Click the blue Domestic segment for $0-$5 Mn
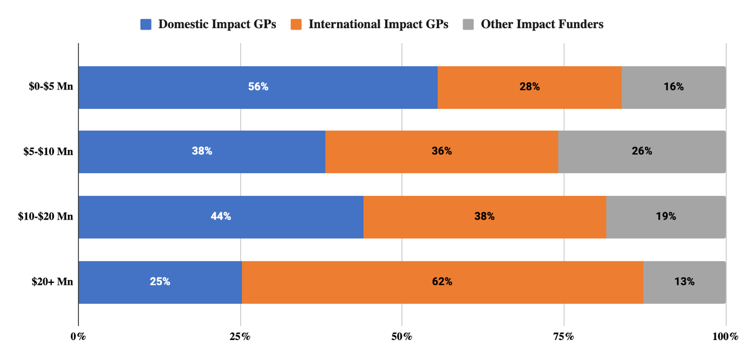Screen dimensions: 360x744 (216, 87)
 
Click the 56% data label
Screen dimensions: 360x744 (258, 87)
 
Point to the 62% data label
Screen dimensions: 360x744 (442, 282)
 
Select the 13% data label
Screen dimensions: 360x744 (684, 282)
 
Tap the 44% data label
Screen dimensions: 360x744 (221, 216)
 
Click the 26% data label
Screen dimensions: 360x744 (641, 152)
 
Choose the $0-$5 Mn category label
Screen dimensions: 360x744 (51, 87)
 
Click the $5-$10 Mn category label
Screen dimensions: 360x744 (49, 152)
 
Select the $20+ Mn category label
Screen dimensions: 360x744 (52, 282)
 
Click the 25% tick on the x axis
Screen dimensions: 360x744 (240, 337)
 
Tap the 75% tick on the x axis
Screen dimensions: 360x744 (564, 337)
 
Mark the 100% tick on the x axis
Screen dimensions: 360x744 (725, 337)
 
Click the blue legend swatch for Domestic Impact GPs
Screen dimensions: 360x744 (146, 24)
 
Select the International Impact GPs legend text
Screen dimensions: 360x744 (378, 24)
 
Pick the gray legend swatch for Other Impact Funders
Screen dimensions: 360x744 (468, 24)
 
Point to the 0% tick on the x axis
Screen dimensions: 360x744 (79, 337)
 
